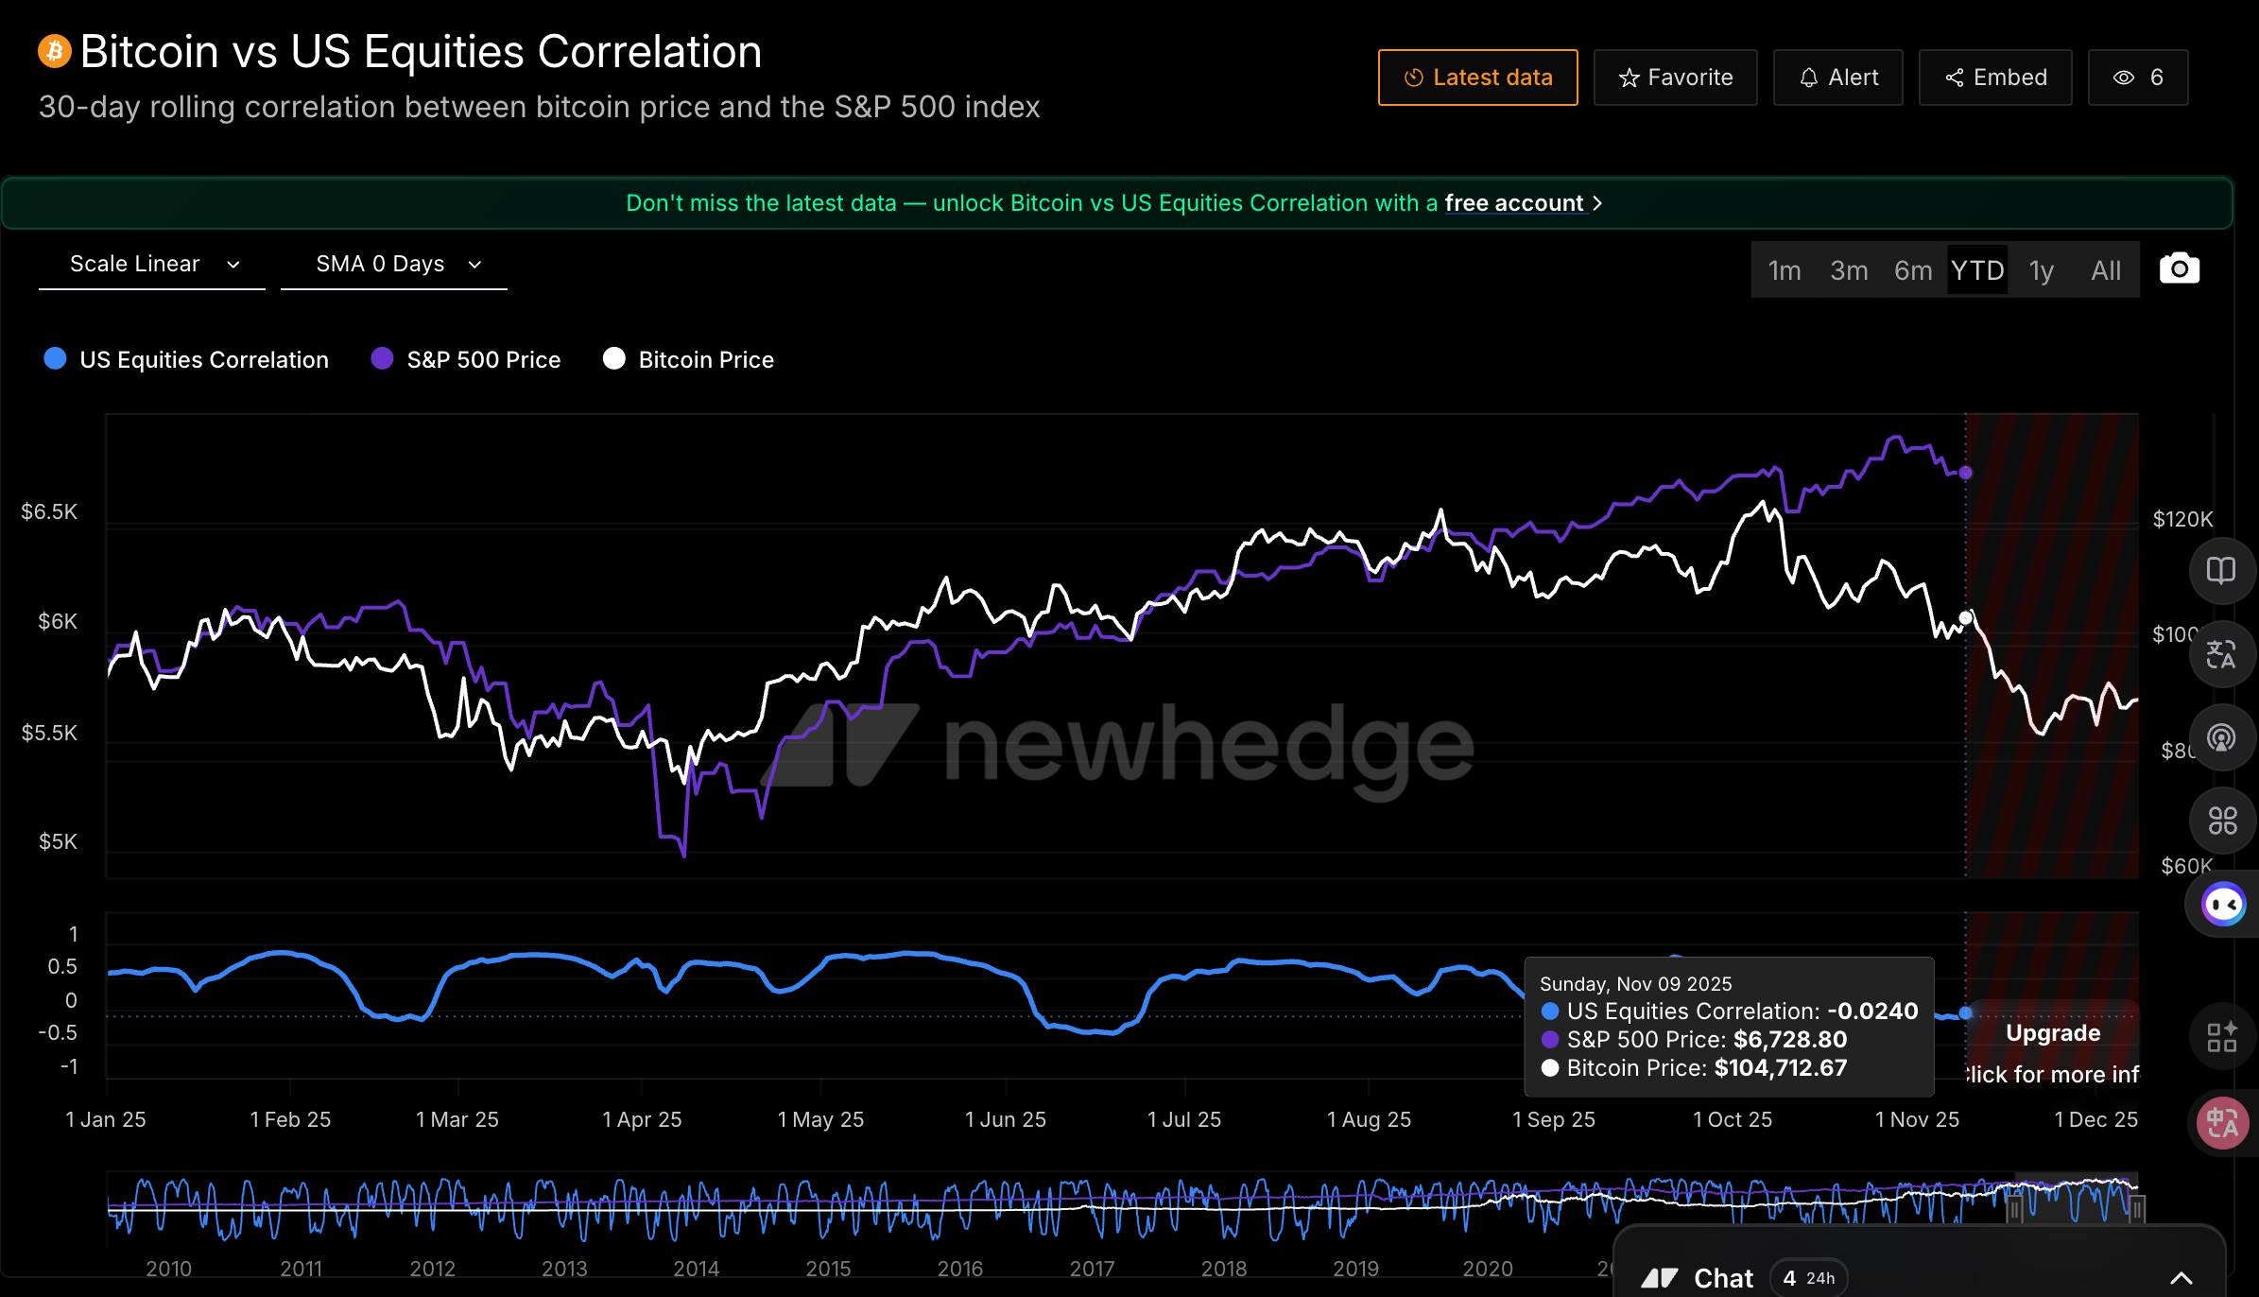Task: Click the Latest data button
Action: (x=1477, y=78)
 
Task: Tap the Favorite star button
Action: (x=1675, y=78)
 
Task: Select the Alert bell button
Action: (x=1837, y=78)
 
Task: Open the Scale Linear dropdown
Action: (x=152, y=265)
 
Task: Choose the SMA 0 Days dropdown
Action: (x=394, y=265)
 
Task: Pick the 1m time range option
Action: (x=1784, y=271)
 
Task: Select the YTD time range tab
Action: (x=1977, y=271)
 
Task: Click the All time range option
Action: (x=2106, y=271)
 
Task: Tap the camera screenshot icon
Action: (x=2179, y=269)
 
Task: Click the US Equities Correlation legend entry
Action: (x=187, y=360)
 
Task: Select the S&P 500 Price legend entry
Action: (x=466, y=360)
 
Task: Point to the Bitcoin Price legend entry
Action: (x=689, y=360)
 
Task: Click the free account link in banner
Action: (x=1514, y=203)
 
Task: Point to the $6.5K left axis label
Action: (x=49, y=512)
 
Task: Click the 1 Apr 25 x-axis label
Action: (x=642, y=1120)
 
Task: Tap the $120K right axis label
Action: (x=2182, y=519)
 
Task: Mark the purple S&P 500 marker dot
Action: (x=1966, y=473)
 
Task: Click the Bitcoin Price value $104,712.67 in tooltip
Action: (x=1780, y=1068)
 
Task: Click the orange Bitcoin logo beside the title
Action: (x=55, y=51)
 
